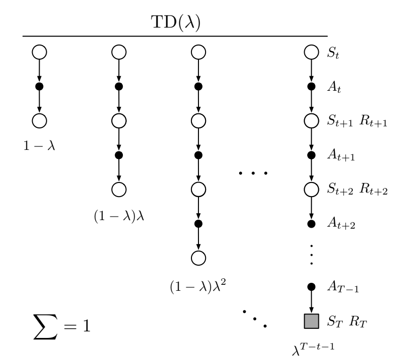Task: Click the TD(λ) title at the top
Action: click(175, 24)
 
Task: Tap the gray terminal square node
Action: click(311, 320)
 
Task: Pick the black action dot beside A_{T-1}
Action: click(311, 287)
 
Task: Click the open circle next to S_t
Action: click(311, 52)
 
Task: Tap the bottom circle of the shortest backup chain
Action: click(39, 121)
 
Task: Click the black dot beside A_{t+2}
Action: click(311, 223)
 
